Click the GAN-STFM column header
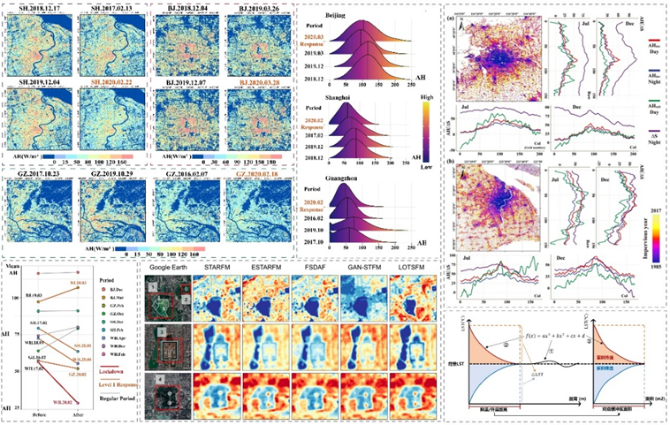pos(362,264)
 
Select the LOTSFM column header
pos(412,264)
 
